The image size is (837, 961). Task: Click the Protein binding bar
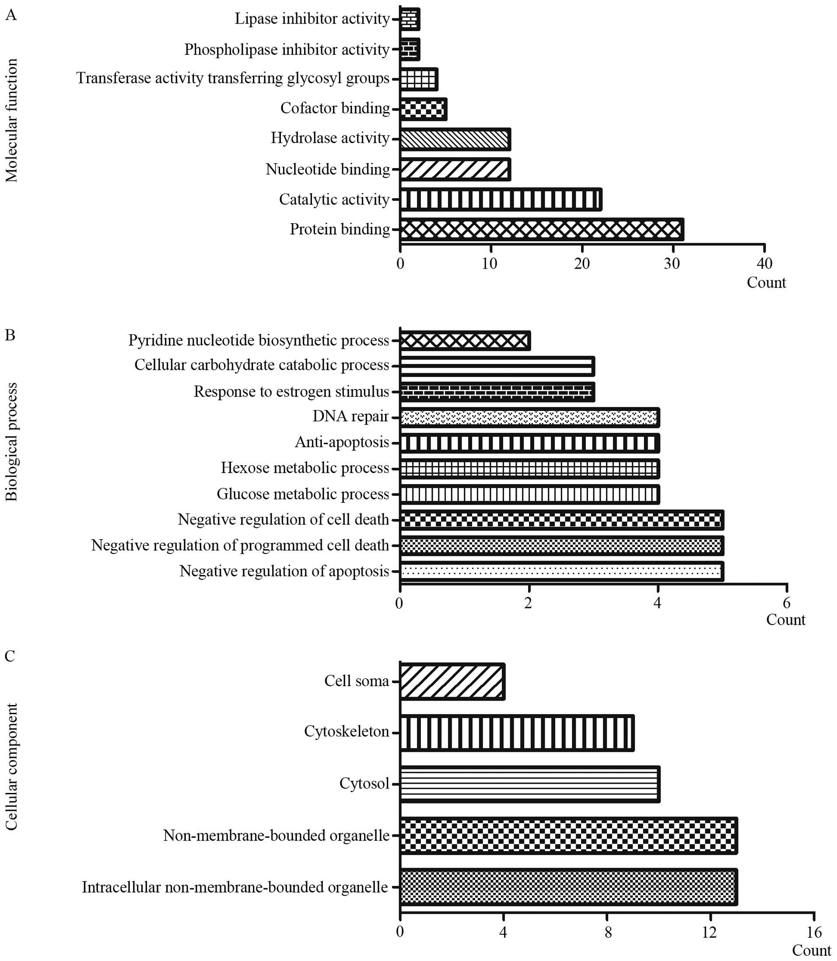coord(542,229)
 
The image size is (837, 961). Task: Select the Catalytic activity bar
coord(501,200)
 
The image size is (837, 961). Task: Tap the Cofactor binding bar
coord(423,109)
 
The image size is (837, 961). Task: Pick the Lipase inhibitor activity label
coord(312,19)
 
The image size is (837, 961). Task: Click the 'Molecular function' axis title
coord(11,120)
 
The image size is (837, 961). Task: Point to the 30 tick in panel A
coord(672,263)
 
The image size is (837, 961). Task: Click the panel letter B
coord(10,335)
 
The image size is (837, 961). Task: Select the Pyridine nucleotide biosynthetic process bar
coord(465,340)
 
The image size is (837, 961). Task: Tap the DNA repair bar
coord(530,417)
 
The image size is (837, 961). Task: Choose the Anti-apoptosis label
coord(342,442)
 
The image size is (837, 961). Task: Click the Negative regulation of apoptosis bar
coord(561,571)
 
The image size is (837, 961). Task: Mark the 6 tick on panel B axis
coord(787,603)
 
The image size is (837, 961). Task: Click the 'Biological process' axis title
coord(11,442)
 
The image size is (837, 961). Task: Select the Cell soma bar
coord(452,681)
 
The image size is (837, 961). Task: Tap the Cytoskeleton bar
coord(517,733)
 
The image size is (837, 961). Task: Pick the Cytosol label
coord(364,783)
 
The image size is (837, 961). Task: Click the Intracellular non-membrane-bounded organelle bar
coord(568,887)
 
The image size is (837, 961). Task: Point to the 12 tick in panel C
coord(710,933)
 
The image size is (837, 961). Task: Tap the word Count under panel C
coord(812,950)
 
